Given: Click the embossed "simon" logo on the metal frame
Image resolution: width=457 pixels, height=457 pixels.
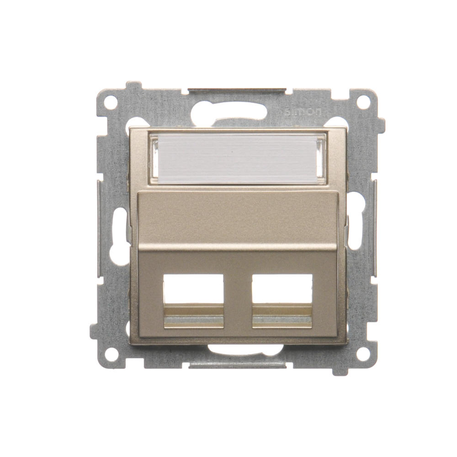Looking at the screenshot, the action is tap(303, 112).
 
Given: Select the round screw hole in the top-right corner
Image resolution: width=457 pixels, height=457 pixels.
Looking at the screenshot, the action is tap(362, 101).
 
